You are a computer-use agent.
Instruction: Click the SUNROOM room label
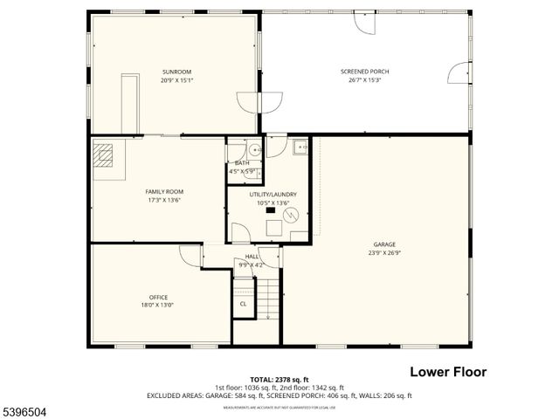tap(176, 72)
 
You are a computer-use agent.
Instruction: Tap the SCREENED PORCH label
tap(365, 72)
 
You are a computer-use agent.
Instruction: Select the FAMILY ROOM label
tap(164, 191)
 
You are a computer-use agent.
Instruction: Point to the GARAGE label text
tap(384, 244)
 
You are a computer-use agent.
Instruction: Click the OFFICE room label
tap(158, 298)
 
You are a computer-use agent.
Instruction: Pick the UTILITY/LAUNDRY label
tap(273, 195)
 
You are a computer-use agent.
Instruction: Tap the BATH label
tap(241, 163)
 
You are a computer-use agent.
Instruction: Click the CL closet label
tap(243, 304)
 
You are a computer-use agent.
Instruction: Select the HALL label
tap(251, 257)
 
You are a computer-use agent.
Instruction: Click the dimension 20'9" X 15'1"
tap(176, 80)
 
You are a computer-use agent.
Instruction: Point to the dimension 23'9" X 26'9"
tap(384, 253)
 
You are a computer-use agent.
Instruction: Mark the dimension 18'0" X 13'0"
tap(158, 306)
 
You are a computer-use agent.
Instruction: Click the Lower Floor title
tap(448, 372)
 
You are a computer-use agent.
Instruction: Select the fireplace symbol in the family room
tap(105, 155)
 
